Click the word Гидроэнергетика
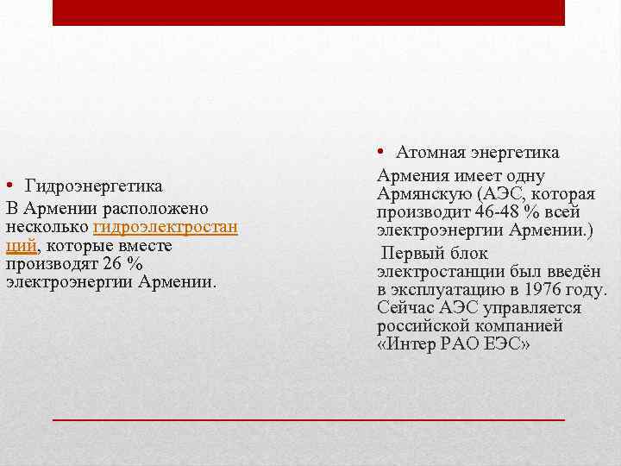tap(93, 186)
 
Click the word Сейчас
tap(405, 308)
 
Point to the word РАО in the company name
tap(465, 345)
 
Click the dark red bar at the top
tap(309, 12)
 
